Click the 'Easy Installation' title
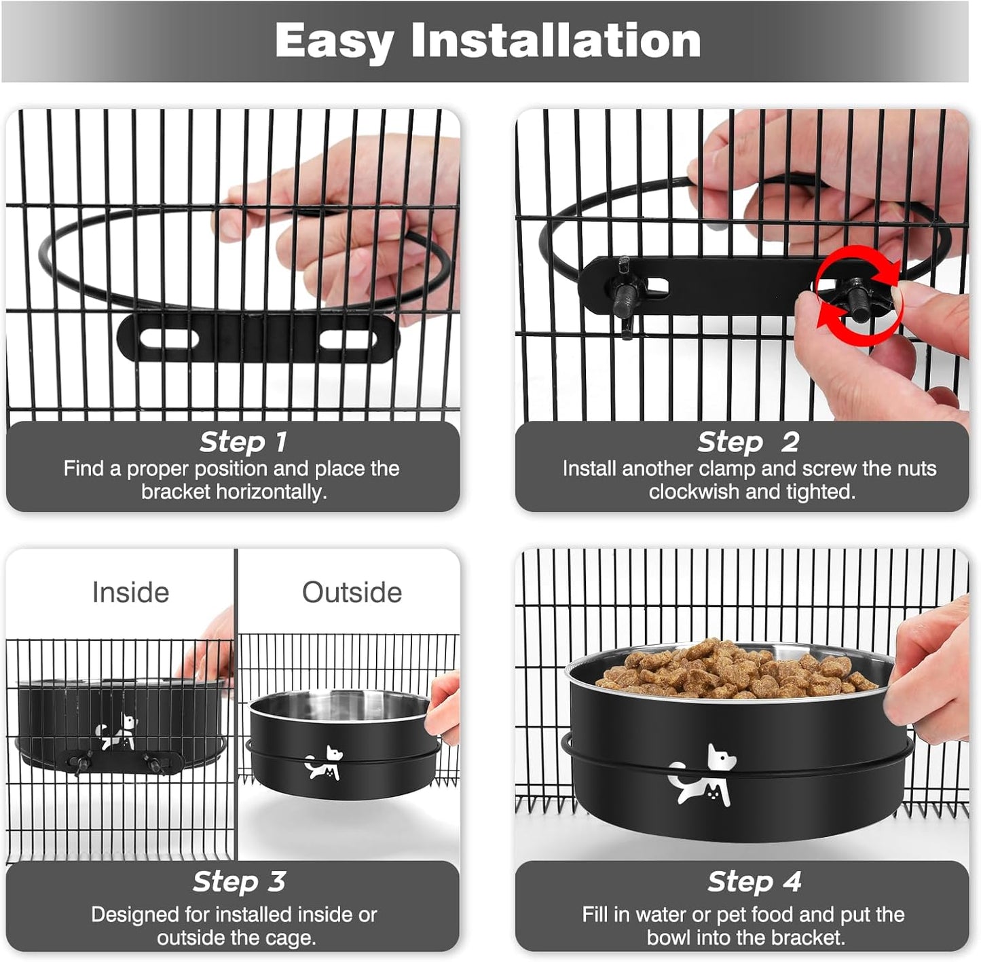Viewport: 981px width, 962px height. (x=487, y=41)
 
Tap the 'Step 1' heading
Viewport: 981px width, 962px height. (x=243, y=442)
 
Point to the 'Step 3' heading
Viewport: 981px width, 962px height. (x=238, y=881)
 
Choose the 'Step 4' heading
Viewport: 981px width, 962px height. (x=754, y=881)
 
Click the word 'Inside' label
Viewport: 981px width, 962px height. (x=130, y=592)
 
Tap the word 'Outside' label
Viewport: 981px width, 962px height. (x=352, y=592)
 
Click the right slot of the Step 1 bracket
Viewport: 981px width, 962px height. (x=348, y=338)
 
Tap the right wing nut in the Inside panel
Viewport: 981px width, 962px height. (x=155, y=763)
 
